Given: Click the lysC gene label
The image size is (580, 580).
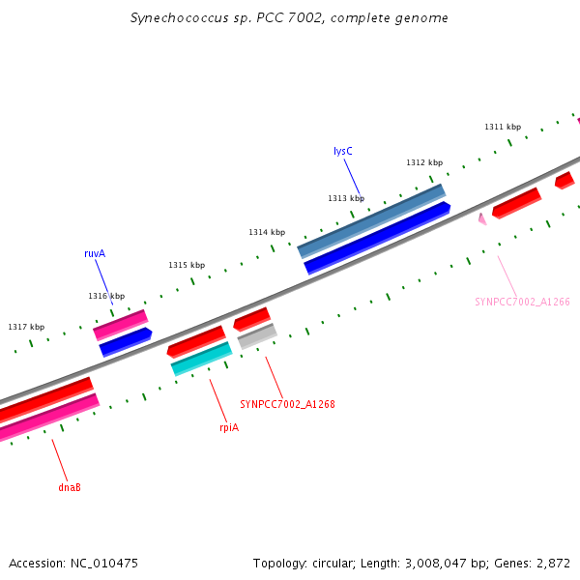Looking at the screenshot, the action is click(342, 152).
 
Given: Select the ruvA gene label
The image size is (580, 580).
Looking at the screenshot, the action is click(95, 253).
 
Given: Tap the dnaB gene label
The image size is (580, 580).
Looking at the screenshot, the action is click(70, 487).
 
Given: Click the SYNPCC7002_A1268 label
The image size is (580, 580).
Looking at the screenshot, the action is click(287, 404).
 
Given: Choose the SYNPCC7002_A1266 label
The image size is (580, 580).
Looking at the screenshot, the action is click(522, 302).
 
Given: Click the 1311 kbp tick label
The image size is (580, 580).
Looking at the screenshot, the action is click(503, 127).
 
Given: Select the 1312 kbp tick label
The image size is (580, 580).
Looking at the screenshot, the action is click(424, 162).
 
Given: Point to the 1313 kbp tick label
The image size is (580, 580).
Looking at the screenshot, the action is click(346, 198).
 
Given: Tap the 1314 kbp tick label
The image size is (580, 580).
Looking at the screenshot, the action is click(267, 232).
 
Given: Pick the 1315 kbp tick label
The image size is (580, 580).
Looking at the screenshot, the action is click(187, 265).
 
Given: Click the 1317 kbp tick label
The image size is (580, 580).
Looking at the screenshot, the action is click(26, 327).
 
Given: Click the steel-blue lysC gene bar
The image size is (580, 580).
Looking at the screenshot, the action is click(371, 220).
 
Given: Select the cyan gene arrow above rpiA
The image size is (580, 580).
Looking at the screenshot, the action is click(201, 358).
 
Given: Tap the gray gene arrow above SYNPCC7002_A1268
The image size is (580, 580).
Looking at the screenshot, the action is click(257, 335).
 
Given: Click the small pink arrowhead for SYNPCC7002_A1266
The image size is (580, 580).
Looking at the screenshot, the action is click(481, 219).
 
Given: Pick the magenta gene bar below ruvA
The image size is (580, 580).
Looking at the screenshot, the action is click(120, 324).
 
